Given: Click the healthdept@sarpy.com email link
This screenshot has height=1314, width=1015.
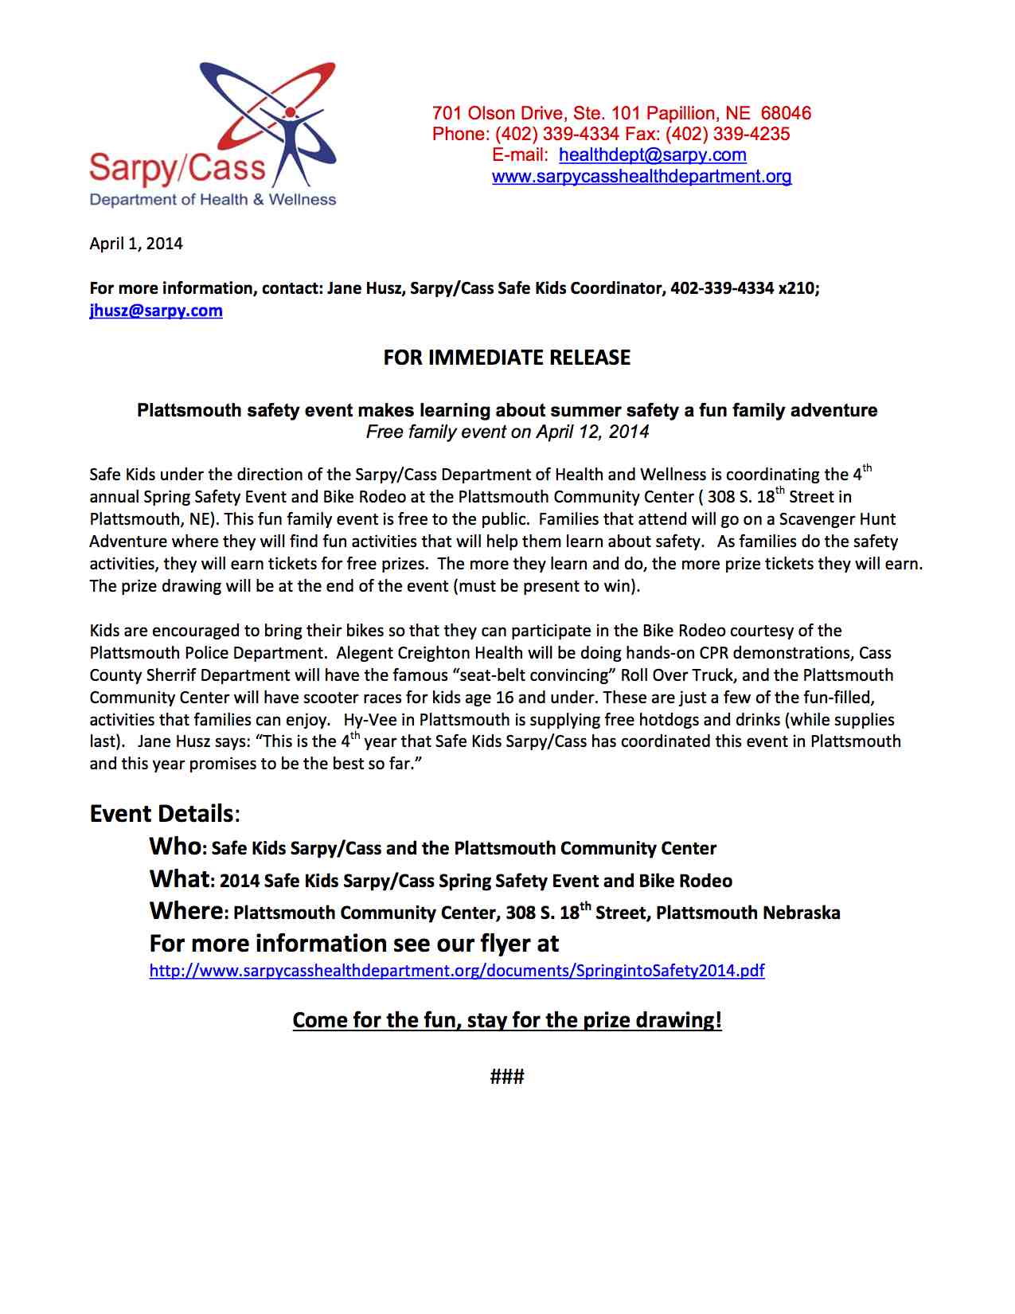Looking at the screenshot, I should coord(652,155).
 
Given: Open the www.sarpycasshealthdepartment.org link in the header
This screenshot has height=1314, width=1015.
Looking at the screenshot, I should coord(641,177).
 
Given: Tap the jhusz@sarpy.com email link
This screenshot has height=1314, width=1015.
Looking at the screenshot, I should coord(156,311).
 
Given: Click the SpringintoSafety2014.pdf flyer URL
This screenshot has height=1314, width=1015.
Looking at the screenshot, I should coord(457,971).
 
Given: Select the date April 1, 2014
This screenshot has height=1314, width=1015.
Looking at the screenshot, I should coord(136,244).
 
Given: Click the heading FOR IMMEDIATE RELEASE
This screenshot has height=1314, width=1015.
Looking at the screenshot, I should coord(506,358).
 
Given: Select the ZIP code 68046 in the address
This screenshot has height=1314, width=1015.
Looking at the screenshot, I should coord(786,113).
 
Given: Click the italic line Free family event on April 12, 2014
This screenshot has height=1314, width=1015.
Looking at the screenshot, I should coord(507,432).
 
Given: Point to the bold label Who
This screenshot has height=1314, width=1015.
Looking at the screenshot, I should coord(175,847).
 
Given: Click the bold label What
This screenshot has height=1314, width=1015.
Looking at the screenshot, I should coord(179,879).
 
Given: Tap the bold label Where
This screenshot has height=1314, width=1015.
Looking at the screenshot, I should coord(186,911).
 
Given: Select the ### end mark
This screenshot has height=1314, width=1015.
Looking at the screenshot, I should coord(507,1077).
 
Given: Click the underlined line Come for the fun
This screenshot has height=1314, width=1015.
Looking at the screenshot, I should coord(507,1021).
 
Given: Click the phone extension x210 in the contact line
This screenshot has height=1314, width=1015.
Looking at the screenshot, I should coord(796,288).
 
